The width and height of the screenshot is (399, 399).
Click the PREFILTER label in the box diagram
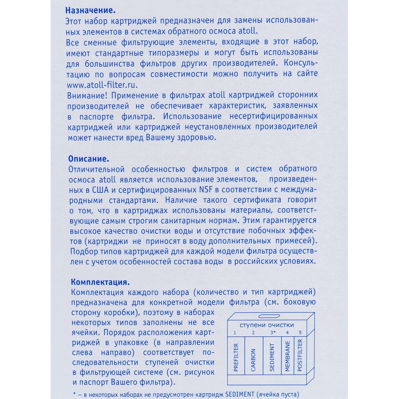pos(236,358)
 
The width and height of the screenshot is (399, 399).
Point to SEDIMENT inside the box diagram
pos(272,358)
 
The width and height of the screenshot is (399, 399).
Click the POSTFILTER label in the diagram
pos(300,356)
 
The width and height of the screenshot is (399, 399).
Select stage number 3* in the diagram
pos(273,332)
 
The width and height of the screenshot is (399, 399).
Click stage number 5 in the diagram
pos(300,332)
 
